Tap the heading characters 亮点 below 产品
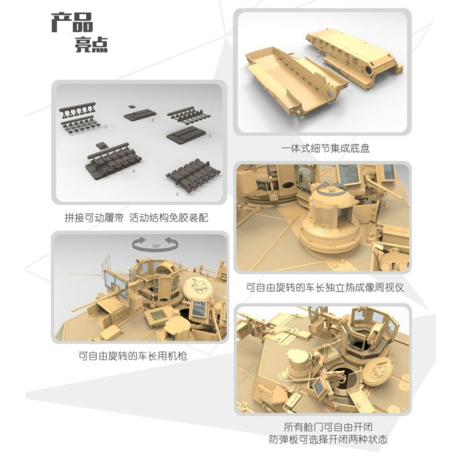click(x=91, y=45)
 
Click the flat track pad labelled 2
click(x=139, y=114)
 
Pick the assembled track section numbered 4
click(x=112, y=161)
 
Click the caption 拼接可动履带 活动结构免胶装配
click(x=136, y=218)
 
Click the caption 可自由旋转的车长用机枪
click(x=136, y=356)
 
